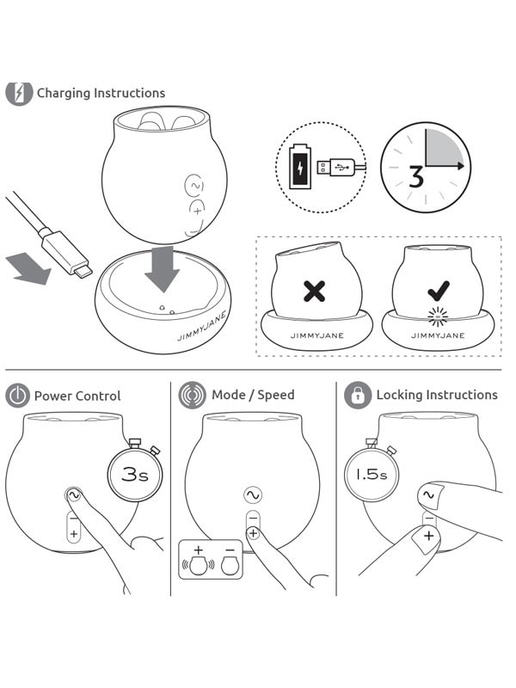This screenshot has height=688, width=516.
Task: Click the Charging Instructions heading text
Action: pos(101,93)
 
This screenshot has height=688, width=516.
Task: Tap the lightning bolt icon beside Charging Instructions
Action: pos(18,93)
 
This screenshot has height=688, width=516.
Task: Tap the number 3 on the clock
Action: pos(416,177)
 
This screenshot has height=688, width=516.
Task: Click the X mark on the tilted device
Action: pos(315,291)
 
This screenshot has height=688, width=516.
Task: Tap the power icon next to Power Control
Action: pos(17,396)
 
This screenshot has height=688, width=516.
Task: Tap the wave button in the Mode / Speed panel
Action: pos(252,495)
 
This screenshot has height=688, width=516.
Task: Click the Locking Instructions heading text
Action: pos(437,396)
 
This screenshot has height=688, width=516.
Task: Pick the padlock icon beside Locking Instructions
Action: pos(357,396)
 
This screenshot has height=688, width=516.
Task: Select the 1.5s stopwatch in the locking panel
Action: pos(372,473)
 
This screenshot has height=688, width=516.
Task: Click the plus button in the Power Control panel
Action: pos(73,534)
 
